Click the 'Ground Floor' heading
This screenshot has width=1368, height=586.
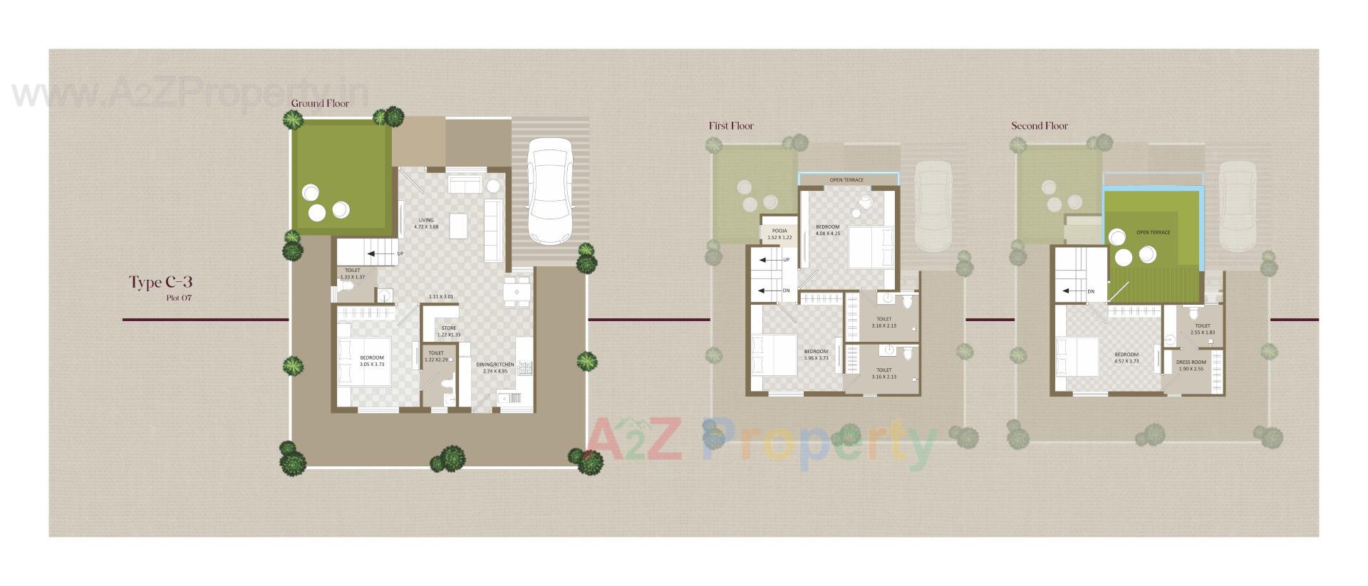click(x=320, y=104)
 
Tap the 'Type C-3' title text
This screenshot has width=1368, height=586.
click(x=160, y=282)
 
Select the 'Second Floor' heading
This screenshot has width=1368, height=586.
click(x=1039, y=126)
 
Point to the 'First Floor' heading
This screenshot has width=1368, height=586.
click(x=730, y=126)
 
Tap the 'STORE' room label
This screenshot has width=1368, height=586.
click(x=448, y=331)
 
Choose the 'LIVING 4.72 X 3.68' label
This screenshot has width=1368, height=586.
click(x=426, y=224)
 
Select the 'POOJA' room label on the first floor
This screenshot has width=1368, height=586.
click(x=779, y=234)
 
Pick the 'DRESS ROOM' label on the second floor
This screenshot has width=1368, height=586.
click(x=1191, y=365)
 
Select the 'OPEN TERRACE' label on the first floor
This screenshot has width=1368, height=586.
click(x=846, y=180)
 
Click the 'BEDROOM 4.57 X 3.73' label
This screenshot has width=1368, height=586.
click(x=1126, y=357)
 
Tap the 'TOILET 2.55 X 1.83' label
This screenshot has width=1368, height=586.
click(x=1202, y=329)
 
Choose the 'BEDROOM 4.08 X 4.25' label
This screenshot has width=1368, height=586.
click(x=827, y=230)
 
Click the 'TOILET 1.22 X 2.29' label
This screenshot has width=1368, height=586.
click(x=435, y=356)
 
